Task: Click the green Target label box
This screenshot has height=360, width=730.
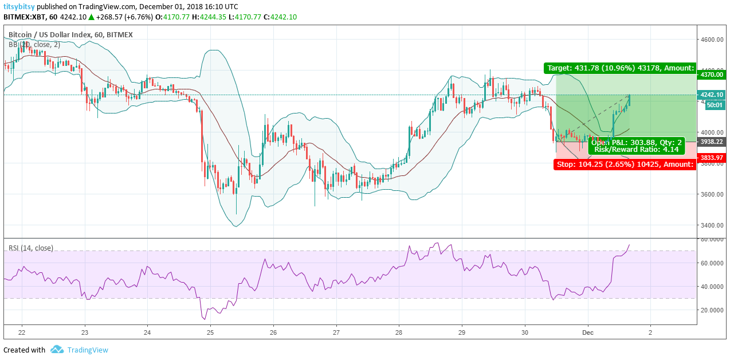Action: tap(620, 68)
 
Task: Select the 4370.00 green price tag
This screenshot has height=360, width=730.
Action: tap(711, 75)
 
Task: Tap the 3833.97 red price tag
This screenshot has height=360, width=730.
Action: tap(711, 158)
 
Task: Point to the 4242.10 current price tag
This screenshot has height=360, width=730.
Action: tap(711, 95)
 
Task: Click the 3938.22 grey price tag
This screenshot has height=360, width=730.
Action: tap(711, 142)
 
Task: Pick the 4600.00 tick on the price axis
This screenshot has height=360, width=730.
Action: tap(711, 40)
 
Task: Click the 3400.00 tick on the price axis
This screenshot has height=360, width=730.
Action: tap(711, 225)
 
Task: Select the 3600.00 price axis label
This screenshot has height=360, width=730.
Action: tap(711, 194)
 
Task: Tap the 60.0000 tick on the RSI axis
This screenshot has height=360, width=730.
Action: tap(711, 263)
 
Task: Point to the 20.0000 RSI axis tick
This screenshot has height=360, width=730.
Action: tap(711, 310)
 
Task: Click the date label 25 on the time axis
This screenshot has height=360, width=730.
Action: tap(210, 332)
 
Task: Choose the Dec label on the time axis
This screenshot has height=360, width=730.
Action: tap(587, 332)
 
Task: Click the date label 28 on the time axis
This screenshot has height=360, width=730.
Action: tap(399, 332)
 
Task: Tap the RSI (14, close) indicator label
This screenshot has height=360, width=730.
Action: tap(31, 248)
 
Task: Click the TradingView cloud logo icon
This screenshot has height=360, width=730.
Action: tap(57, 350)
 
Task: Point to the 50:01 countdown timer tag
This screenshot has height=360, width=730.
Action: tap(714, 105)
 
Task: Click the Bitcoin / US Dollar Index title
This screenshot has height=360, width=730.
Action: tap(49, 35)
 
